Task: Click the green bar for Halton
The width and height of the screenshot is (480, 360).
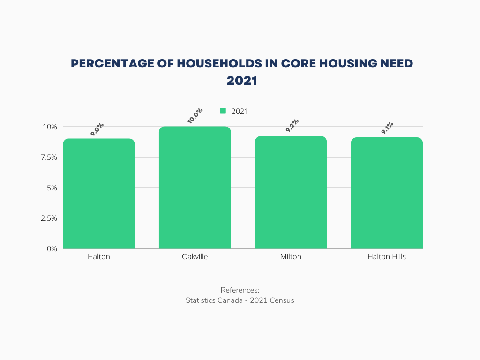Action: (99, 194)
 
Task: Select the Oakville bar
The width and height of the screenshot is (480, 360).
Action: (195, 187)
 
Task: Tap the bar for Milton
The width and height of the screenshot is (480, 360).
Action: (291, 192)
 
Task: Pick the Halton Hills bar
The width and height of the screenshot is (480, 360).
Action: (387, 193)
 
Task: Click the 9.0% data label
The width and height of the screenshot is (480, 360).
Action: (97, 129)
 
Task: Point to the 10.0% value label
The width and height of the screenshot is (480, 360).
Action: (195, 116)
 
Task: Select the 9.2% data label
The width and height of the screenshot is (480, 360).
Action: (292, 126)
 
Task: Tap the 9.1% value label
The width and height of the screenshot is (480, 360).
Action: (387, 128)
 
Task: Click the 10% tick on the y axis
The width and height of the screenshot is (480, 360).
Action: (50, 127)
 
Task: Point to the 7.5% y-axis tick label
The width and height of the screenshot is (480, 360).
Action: (48, 157)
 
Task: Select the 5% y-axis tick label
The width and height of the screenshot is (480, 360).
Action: (51, 187)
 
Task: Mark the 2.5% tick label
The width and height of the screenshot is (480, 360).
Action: (48, 218)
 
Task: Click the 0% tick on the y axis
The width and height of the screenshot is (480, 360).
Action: (52, 248)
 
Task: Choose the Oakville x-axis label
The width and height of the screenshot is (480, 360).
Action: (195, 257)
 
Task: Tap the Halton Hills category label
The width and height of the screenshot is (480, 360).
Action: (387, 257)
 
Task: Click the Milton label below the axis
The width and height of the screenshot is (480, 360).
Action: (291, 257)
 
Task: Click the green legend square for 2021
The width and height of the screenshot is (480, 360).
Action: (223, 111)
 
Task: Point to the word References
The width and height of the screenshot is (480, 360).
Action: (240, 290)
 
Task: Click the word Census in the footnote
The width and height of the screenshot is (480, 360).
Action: (281, 300)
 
